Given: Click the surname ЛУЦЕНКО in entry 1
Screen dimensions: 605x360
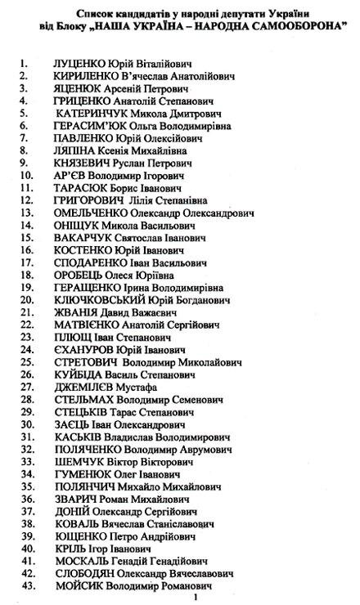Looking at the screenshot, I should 80,63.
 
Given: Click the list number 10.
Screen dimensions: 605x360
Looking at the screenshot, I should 26,175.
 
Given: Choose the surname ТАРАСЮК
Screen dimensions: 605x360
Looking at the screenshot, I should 80,187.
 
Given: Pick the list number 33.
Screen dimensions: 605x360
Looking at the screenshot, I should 26,461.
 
